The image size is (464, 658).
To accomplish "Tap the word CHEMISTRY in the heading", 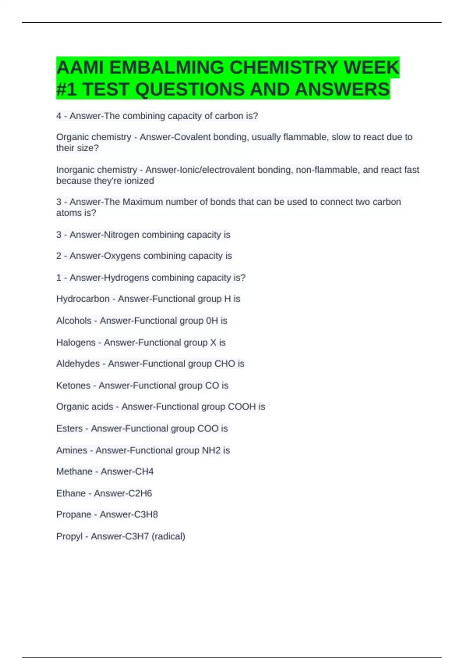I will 284,68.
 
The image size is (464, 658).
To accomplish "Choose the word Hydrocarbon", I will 83,299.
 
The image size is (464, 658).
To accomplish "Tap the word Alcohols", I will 74,320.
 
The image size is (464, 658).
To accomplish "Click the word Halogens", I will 76,343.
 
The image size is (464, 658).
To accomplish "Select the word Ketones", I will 73,386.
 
